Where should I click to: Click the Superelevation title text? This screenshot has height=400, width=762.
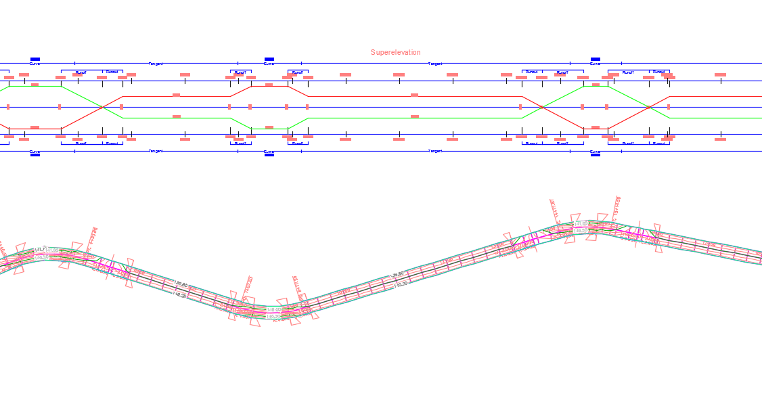[395, 53]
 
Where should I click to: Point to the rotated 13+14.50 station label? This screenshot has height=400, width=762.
[617, 207]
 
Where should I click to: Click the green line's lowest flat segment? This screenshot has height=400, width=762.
[269, 129]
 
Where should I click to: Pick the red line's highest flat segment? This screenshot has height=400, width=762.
[269, 86]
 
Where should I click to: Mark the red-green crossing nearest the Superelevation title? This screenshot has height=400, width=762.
[541, 107]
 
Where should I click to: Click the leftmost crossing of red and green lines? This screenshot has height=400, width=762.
[102, 107]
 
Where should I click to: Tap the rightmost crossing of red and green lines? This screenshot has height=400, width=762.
[649, 107]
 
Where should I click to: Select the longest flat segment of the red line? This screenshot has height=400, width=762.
[415, 97]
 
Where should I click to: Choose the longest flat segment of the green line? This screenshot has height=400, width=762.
[415, 118]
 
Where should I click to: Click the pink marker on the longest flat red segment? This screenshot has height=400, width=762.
[415, 95]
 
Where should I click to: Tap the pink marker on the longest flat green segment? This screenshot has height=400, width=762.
[415, 116]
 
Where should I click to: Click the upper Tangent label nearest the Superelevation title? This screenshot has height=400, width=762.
[435, 64]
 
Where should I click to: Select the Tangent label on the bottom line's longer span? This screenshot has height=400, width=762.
[435, 151]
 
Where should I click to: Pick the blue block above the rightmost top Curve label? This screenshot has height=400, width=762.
[596, 60]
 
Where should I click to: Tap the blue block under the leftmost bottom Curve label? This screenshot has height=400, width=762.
[35, 155]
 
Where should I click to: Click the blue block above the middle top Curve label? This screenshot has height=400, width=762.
[269, 60]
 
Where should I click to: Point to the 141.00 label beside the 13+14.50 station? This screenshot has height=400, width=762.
[581, 224]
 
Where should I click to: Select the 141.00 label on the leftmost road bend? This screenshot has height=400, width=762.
[52, 250]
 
